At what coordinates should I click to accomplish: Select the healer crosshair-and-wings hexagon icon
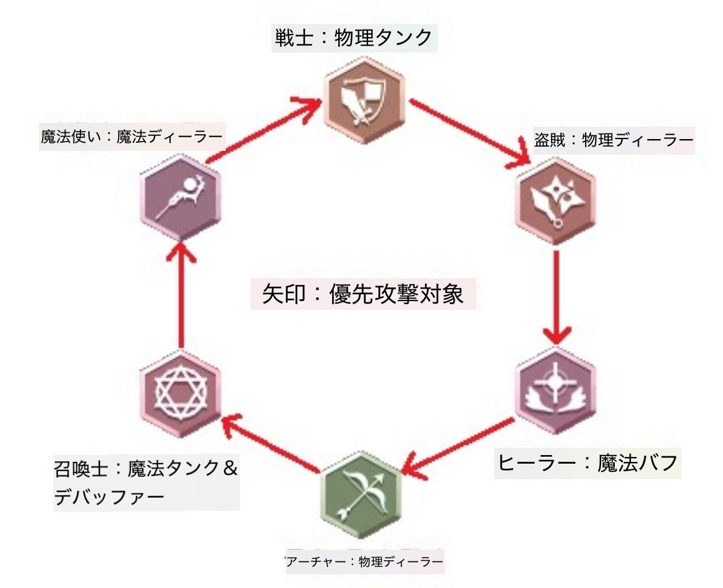pyautogui.click(x=555, y=391)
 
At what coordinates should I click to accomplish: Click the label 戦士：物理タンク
pyautogui.click(x=354, y=39)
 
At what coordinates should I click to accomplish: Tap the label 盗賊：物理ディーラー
pyautogui.click(x=613, y=141)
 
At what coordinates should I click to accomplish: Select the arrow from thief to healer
pyautogui.click(x=557, y=297)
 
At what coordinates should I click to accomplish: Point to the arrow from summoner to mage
pyautogui.click(x=180, y=297)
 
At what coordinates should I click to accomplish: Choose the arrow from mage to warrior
pyautogui.click(x=263, y=132)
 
